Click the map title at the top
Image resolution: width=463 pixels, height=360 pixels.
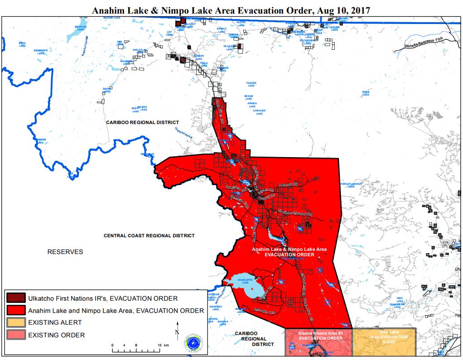(231, 10)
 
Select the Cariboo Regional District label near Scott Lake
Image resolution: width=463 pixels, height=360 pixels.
(142, 122)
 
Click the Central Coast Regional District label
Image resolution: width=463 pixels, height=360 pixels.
(149, 235)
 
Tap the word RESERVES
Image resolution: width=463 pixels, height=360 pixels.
(65, 252)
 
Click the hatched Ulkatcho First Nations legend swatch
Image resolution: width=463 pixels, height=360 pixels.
(16, 298)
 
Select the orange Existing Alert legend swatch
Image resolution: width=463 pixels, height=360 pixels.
(16, 322)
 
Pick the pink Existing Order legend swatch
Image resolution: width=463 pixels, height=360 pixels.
(16, 335)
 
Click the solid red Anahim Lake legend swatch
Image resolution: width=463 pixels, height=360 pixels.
(16, 311)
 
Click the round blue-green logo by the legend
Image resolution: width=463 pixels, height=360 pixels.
(193, 343)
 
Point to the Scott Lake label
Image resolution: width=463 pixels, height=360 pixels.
(136, 110)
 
